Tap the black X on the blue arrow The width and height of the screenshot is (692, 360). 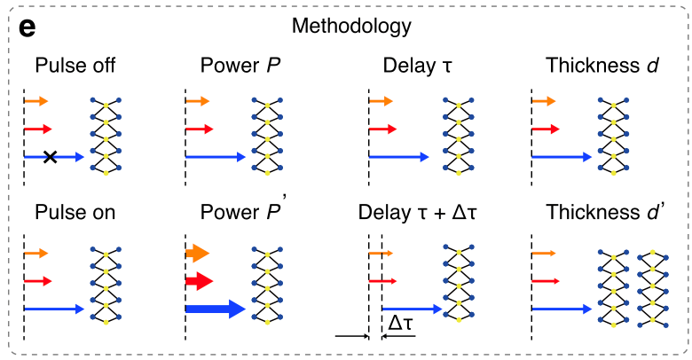(x=51, y=157)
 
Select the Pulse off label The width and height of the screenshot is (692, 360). (x=75, y=66)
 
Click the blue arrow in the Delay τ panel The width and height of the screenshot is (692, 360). (x=404, y=157)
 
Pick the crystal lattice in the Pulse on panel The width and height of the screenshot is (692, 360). (x=106, y=283)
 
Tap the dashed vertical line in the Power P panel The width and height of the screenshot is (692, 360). (x=185, y=133)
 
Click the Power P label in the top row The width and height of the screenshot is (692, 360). (x=239, y=66)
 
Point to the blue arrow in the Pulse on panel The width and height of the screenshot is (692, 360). (x=54, y=309)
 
